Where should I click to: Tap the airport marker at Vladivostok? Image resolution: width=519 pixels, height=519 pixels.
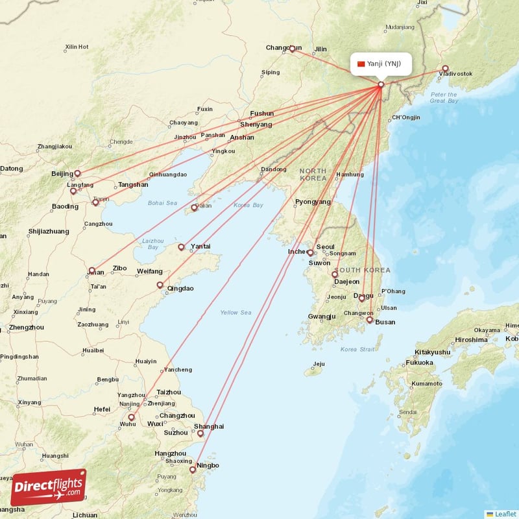coord(445,69)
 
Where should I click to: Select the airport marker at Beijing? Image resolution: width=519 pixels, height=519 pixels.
coord(77,173)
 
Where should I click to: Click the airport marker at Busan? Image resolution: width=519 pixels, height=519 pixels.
coord(370,319)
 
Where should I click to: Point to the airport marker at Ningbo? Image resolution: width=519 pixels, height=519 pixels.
coord(192,470)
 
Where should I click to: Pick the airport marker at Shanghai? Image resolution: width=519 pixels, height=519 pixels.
coord(200,433)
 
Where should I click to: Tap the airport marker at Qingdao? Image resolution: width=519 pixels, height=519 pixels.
coord(160,284)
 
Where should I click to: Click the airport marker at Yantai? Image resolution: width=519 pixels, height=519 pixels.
coord(181,247)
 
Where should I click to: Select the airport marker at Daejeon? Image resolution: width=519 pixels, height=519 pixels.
coord(335,274)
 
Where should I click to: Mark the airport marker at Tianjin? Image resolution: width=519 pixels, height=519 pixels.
coord(95,202)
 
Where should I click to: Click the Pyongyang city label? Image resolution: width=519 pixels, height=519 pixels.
coord(313,202)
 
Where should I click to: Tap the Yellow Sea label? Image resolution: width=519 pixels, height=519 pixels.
coord(235,313)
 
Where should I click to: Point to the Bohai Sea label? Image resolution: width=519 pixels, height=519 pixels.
coord(162,203)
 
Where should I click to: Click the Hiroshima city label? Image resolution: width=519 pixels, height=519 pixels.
coord(471,339)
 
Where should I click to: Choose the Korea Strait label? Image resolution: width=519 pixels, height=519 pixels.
coord(357,350)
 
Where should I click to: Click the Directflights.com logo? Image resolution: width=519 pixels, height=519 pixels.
coord(48,487)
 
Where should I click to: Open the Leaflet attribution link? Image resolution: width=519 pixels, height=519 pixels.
coord(505,514)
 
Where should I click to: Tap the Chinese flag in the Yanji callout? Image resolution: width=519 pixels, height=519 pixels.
coord(361,64)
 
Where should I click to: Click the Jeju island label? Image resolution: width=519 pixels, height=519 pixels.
coord(318,364)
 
